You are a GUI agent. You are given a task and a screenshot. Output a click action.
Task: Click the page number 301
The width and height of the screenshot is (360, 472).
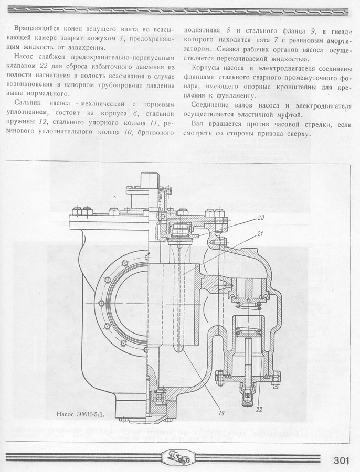[341, 461]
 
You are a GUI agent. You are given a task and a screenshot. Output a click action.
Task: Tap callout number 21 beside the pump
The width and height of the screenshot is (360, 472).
[260, 233]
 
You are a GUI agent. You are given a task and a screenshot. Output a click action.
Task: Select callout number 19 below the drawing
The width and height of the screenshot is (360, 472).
[221, 413]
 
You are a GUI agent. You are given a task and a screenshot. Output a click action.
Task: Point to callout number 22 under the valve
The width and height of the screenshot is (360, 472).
[259, 409]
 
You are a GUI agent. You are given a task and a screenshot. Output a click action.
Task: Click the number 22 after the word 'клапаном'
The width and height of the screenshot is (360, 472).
[44, 66]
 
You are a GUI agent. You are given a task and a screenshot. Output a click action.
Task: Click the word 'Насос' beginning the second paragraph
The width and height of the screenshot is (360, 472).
[24, 57]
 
